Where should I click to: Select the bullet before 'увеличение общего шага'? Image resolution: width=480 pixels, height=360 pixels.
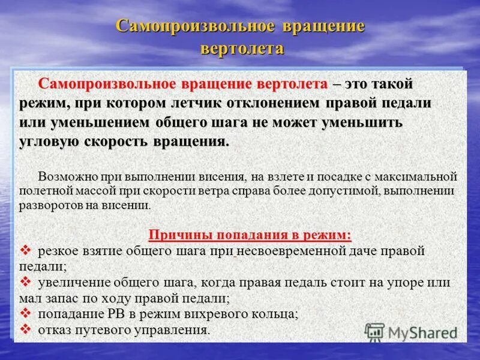(26, 282)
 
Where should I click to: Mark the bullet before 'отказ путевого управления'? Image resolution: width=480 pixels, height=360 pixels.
(26, 329)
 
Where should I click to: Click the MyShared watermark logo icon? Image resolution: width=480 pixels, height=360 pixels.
(375, 332)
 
